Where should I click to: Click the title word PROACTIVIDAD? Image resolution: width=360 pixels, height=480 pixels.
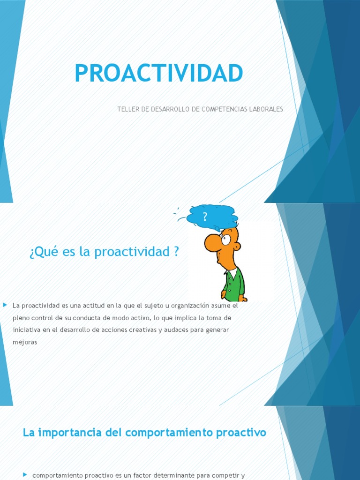158,73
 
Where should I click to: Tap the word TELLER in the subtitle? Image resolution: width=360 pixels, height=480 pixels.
127,109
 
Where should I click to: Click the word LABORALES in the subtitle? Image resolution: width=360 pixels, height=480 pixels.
266,109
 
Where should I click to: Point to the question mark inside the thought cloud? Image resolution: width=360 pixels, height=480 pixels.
205,217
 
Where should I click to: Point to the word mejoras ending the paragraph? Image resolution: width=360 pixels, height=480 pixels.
25,342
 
